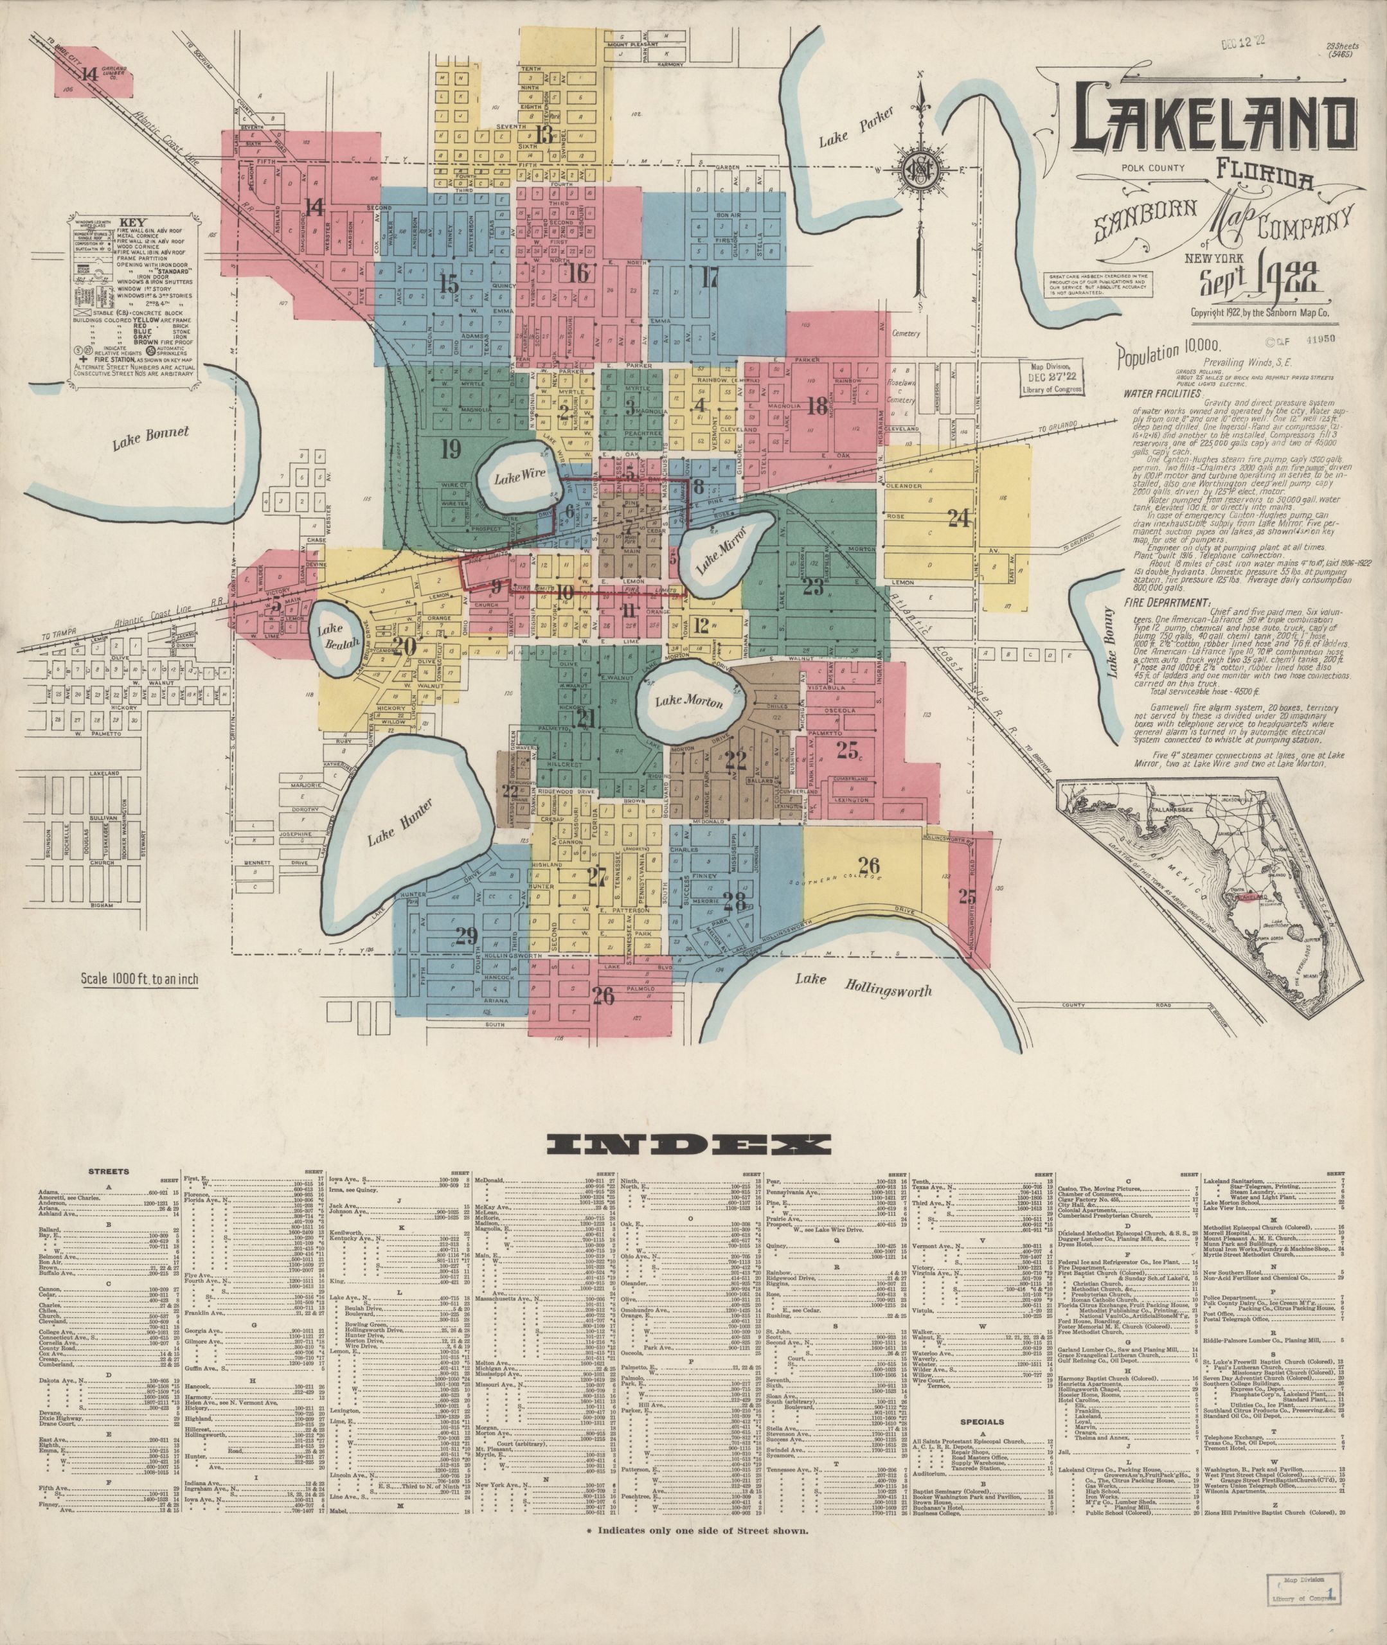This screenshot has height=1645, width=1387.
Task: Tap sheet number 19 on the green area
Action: (x=450, y=450)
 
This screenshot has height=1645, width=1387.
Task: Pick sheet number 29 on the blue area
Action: (x=466, y=936)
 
